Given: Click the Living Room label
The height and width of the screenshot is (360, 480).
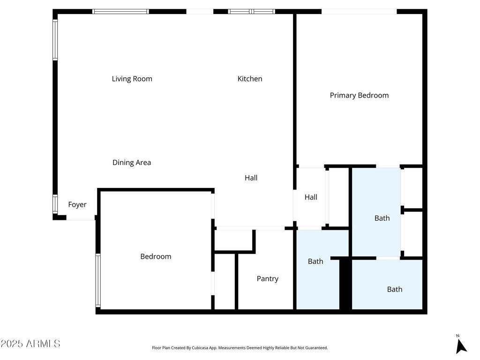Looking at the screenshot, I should tap(132, 79).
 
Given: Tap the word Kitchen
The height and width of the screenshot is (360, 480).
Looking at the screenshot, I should tap(249, 79).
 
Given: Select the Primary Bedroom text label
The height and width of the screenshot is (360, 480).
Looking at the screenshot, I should tap(359, 95).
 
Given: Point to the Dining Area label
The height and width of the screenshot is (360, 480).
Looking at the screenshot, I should tap(132, 163).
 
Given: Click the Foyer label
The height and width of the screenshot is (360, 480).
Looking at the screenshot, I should tap(77, 204).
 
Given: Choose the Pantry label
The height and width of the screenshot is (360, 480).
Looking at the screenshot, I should tap(267, 278).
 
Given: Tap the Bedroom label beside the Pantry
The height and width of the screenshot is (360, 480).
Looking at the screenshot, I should tap(156, 256).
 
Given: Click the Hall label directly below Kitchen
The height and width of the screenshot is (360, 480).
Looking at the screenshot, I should tap(251, 178).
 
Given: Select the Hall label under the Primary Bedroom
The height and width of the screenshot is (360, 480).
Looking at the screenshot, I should tap(311, 197).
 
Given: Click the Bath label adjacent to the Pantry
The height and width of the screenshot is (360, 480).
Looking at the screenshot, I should tap(315, 261).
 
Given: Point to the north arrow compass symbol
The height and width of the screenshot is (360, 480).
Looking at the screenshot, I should tap(461, 345).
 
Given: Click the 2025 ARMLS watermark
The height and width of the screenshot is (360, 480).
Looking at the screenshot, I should tap(30, 344).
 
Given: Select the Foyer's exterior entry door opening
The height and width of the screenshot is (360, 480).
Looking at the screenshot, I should tap(81, 218).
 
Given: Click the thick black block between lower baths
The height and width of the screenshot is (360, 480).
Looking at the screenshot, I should tap(345, 284).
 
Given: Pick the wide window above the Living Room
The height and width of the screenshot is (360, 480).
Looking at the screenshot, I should tap(120, 11).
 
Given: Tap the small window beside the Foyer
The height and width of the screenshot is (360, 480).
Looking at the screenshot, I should tap(55, 204).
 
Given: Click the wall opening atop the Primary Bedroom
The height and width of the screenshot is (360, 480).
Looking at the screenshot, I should tap(359, 11).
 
